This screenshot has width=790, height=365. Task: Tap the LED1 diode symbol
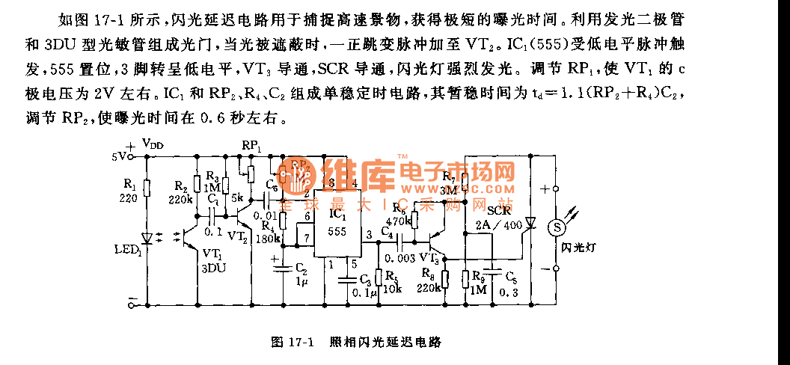point(147,237)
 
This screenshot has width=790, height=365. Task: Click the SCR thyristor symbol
point(530,222)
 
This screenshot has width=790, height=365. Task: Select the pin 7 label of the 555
point(304,237)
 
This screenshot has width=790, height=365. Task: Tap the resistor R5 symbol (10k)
point(379,279)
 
